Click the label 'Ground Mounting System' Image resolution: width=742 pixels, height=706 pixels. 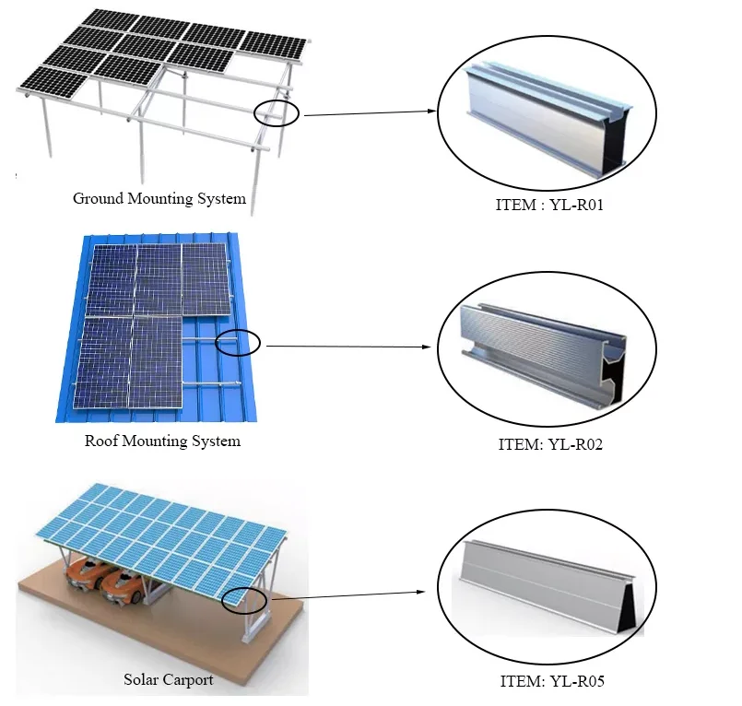(159, 199)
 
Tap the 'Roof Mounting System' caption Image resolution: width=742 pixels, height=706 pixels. (162, 441)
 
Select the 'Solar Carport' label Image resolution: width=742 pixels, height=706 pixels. (169, 680)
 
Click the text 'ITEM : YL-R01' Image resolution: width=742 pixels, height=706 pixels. (548, 204)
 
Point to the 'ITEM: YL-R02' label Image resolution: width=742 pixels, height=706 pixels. (551, 443)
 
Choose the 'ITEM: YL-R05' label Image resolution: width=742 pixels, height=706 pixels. (551, 682)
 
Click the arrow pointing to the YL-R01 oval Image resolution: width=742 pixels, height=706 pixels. (369, 113)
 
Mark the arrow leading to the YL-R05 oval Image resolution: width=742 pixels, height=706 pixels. (350, 595)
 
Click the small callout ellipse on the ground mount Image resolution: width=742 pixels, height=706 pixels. (277, 112)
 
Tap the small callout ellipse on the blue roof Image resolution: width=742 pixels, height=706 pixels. (239, 344)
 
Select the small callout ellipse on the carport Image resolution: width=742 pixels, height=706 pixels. (244, 600)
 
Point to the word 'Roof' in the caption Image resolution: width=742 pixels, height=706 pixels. (100, 441)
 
